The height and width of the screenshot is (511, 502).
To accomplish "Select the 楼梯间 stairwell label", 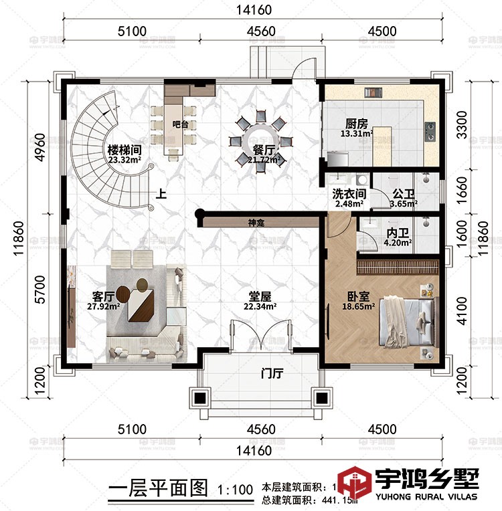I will pyautogui.click(x=123, y=150).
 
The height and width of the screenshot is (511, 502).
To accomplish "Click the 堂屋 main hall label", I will pyautogui.click(x=260, y=295).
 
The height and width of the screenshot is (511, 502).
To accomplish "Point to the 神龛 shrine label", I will pyautogui.click(x=256, y=223).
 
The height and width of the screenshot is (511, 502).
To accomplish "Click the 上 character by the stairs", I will pyautogui.click(x=161, y=195).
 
